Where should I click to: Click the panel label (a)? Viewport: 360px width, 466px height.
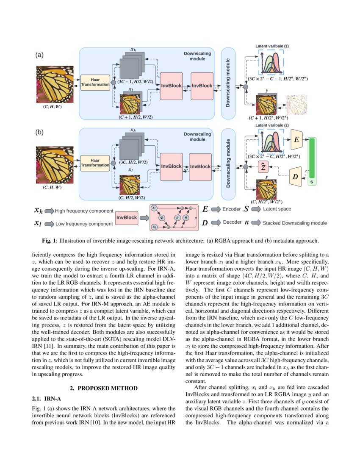pyautogui.click(x=39, y=55)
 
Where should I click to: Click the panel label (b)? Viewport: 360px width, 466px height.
pyautogui.click(x=39, y=132)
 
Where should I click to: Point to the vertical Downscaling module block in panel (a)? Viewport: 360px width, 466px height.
pyautogui.click(x=228, y=83)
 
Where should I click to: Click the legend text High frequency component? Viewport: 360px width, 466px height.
pyautogui.click(x=84, y=211)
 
